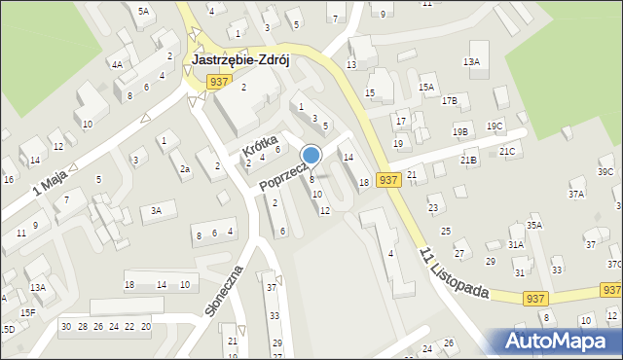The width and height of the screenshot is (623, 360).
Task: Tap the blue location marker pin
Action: click(x=311, y=156)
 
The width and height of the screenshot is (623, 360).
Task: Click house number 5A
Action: click(x=143, y=11)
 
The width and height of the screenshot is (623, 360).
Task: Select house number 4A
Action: click(x=117, y=64)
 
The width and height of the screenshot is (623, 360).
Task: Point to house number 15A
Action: click(x=426, y=88)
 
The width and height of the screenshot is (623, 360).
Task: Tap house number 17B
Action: click(x=449, y=100)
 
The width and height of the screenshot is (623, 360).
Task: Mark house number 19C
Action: click(x=495, y=126)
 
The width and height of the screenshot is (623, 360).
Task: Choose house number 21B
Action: click(x=469, y=158)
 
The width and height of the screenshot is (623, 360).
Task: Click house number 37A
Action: click(x=576, y=194)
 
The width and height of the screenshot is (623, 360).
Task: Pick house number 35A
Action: click(x=533, y=225)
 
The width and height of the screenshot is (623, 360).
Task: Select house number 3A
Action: click(x=155, y=210)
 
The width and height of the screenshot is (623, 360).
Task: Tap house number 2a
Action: click(x=185, y=169)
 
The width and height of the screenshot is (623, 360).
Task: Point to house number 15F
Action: click(x=28, y=311)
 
